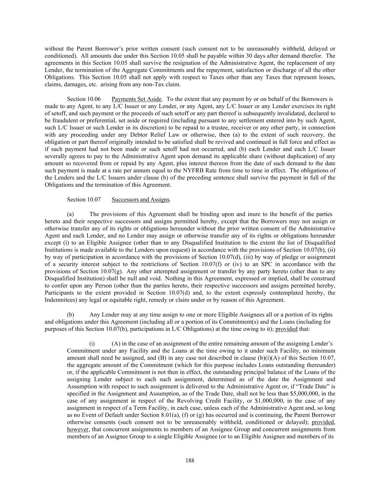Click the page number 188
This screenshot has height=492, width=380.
[x=190, y=460]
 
